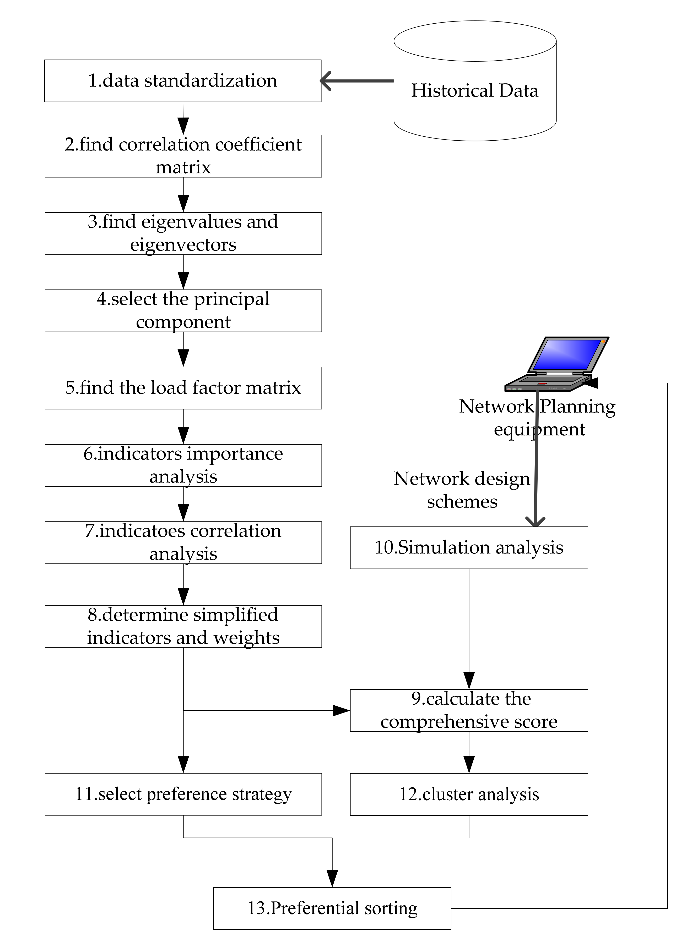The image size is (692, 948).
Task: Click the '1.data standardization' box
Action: pyautogui.click(x=183, y=81)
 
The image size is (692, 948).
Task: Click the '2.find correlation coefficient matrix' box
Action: pyautogui.click(x=183, y=156)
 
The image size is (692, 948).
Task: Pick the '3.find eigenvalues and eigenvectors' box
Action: pyautogui.click(x=183, y=233)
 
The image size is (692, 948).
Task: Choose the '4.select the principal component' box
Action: pyautogui.click(x=183, y=311)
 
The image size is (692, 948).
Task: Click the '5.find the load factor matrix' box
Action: pyautogui.click(x=183, y=388)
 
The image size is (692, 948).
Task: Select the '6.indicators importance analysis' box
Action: pyautogui.click(x=183, y=465)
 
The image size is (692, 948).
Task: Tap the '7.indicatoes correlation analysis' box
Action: pyautogui.click(x=183, y=542)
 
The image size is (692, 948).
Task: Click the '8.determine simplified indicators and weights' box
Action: pyautogui.click(x=183, y=626)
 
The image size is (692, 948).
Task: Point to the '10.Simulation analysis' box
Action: pyautogui.click(x=469, y=547)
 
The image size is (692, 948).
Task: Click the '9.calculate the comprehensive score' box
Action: pyautogui.click(x=469, y=710)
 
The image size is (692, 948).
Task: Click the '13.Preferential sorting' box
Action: pyautogui.click(x=332, y=908)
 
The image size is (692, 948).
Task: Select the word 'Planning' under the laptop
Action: pyautogui.click(x=577, y=407)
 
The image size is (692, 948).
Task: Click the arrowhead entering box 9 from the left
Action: pyautogui.click(x=341, y=710)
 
